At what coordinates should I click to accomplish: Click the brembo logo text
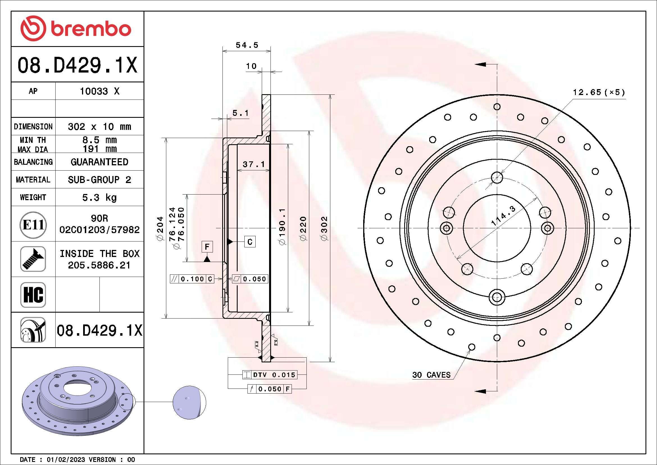click(x=91, y=29)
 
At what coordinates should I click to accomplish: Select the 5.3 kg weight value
click(x=99, y=197)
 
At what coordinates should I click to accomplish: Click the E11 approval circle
click(x=33, y=225)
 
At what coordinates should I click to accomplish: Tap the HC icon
click(x=33, y=295)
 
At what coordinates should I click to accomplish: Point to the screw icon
click(x=33, y=259)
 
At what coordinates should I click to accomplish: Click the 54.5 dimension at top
click(x=247, y=45)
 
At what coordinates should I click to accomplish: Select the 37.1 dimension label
click(x=254, y=164)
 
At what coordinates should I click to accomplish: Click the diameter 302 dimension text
click(x=324, y=228)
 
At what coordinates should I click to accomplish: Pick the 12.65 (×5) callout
click(x=599, y=92)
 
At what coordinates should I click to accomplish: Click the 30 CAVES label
click(x=431, y=375)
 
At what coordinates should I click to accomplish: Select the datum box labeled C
click(x=250, y=242)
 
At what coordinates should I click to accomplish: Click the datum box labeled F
click(x=207, y=247)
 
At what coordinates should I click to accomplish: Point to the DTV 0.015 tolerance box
click(x=270, y=375)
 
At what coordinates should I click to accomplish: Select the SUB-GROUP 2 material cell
click(x=99, y=180)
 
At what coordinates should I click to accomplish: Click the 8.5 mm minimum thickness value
click(x=99, y=140)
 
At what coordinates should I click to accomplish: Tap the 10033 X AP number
click(x=99, y=91)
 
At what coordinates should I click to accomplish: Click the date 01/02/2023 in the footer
click(x=65, y=460)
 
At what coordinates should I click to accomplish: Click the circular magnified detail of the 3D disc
click(x=189, y=403)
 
